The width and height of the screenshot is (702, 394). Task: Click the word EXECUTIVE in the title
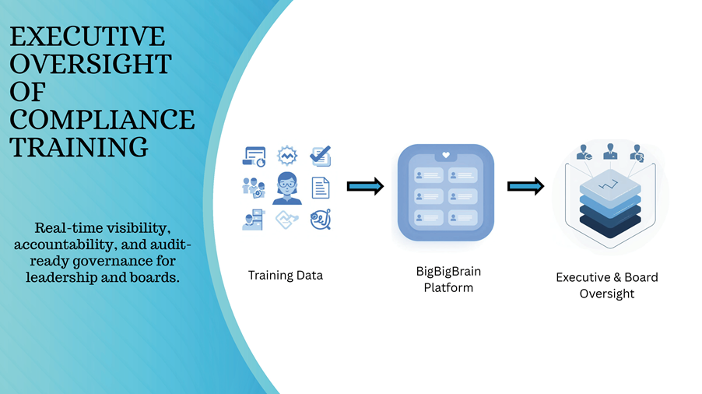point(87,37)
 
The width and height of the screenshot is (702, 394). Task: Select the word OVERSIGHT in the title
point(90,64)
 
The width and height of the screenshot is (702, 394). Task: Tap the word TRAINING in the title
point(79,146)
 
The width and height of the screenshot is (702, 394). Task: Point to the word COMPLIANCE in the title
point(102,118)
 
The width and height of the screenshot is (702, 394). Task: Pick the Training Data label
point(285,275)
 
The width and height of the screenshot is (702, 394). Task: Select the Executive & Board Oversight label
point(606,285)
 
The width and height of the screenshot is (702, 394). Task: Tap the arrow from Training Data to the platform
point(365,185)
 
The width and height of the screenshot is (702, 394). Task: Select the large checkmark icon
point(320,156)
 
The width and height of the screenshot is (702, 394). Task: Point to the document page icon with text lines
point(321,188)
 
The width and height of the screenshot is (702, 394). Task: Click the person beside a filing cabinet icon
point(254,220)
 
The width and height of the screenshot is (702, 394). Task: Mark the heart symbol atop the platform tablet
point(445,155)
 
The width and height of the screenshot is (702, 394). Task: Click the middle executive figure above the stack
point(610,151)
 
